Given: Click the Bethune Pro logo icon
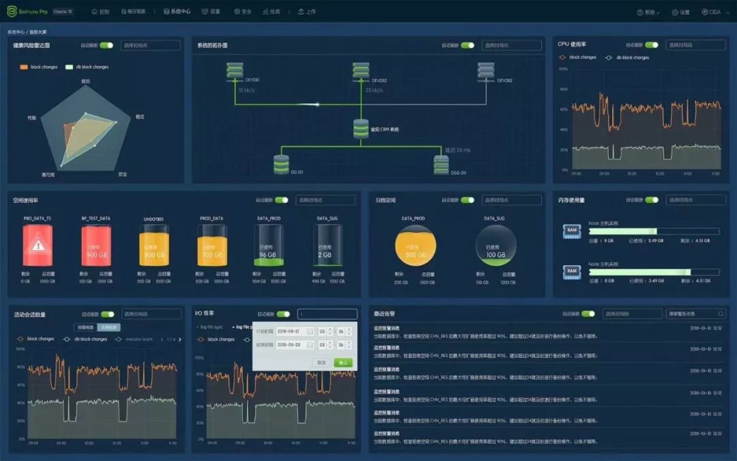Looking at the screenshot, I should (11, 12).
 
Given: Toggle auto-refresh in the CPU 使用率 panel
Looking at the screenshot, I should (652, 45).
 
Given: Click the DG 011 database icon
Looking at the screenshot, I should (281, 163).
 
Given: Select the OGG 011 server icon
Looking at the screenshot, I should (442, 163).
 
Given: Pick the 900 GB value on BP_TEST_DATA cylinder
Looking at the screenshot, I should (95, 254).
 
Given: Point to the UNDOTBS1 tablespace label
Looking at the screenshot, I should (154, 219).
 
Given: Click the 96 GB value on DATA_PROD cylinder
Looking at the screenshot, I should (268, 255).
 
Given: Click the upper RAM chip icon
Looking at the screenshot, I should (571, 232).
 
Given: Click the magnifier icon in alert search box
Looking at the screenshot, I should (721, 314).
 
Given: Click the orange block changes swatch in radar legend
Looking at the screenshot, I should (24, 67).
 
